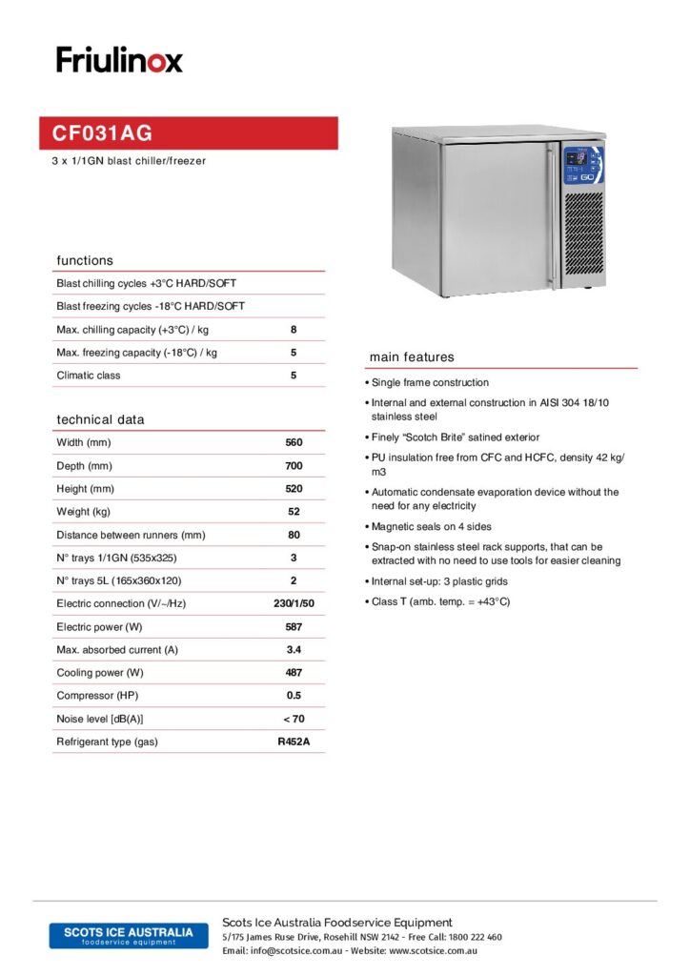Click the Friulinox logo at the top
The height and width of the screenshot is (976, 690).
[119, 60]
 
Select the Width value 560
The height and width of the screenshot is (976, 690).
[294, 443]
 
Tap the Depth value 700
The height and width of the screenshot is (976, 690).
[294, 466]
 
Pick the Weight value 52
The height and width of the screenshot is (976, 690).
[294, 512]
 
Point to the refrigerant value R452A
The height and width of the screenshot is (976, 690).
[294, 742]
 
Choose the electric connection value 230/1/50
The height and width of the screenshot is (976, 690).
[294, 604]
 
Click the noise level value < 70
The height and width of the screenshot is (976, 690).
[294, 719]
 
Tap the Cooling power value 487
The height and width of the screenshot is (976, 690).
[294, 673]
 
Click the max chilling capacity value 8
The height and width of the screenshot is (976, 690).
[294, 330]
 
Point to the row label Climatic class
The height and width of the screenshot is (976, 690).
[89, 376]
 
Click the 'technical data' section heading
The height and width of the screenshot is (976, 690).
[100, 419]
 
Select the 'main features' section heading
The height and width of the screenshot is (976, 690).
[412, 357]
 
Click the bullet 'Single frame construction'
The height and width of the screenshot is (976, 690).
[430, 382]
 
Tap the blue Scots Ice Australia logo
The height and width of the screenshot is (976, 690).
[129, 935]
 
